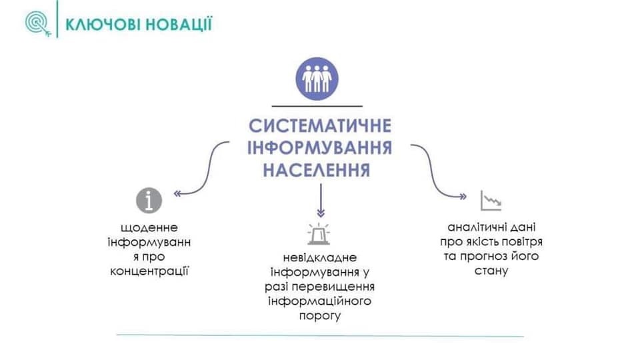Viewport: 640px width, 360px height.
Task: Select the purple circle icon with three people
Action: [317, 79]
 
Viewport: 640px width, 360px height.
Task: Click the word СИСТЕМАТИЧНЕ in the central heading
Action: [320, 126]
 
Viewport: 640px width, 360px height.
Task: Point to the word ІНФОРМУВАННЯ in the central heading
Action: [319, 148]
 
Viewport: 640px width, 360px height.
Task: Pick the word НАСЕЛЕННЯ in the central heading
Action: [317, 170]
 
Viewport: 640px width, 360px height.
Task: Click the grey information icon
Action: [149, 201]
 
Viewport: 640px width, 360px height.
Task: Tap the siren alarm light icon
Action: [319, 234]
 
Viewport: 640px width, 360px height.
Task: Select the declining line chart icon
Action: [491, 201]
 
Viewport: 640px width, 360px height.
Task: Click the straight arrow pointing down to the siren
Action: [321, 201]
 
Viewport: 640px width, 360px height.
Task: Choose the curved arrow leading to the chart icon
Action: [432, 171]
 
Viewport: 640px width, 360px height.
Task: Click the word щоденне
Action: [149, 227]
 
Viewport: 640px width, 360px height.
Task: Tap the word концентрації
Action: [149, 271]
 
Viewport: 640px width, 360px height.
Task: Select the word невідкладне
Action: [319, 257]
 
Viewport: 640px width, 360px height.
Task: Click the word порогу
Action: [319, 316]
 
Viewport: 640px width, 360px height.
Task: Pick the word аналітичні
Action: [471, 227]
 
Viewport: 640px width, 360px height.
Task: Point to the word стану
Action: [491, 271]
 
